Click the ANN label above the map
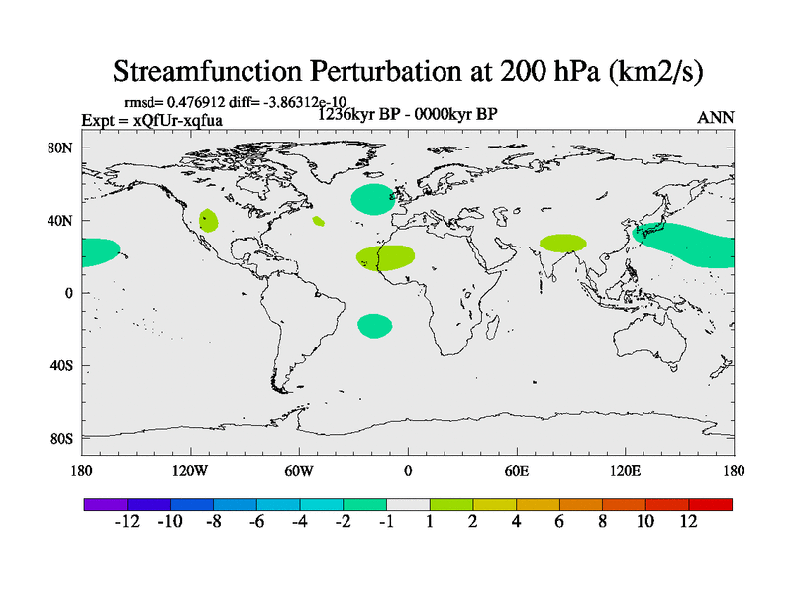716,117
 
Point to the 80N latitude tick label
60,148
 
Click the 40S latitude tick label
61,366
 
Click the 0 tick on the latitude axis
69,293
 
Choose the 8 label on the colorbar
603,522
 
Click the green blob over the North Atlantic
372,199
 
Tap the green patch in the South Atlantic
375,326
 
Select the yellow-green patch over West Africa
386,257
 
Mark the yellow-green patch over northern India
562,243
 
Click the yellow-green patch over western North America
208,220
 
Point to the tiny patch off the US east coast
318,221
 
